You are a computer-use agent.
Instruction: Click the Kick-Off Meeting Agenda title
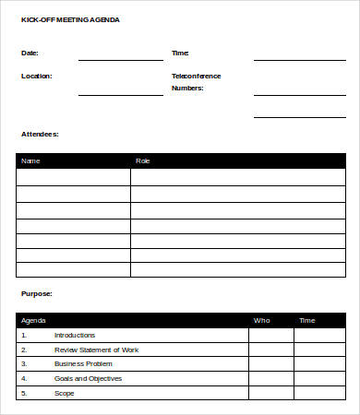(70, 19)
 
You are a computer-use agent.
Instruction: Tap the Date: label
(30, 53)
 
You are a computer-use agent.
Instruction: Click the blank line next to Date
(120, 60)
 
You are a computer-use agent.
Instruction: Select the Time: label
(180, 53)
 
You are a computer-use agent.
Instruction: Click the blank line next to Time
(299, 60)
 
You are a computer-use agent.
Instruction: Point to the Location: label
(36, 76)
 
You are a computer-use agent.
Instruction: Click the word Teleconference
(196, 76)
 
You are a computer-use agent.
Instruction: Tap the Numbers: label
(187, 89)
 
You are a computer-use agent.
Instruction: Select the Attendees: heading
(40, 134)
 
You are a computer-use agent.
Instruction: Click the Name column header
(30, 160)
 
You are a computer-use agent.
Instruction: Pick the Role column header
(142, 160)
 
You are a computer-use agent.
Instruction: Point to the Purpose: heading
(36, 293)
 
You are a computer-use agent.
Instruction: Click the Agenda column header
(33, 320)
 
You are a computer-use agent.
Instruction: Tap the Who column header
(261, 320)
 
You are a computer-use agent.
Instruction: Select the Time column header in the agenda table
(306, 320)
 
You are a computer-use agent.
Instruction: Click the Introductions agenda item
(75, 335)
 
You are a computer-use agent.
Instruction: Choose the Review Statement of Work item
(96, 350)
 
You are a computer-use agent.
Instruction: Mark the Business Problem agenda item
(82, 363)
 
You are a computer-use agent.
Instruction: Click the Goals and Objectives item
(88, 378)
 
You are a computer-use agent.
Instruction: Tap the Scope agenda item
(64, 393)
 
